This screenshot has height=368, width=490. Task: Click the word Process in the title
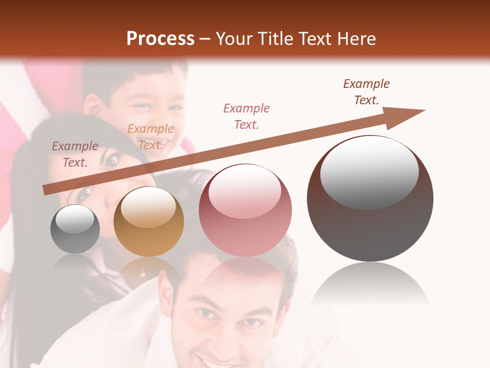coord(160,39)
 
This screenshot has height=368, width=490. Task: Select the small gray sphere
coord(75,229)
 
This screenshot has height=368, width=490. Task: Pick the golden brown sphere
coord(149,221)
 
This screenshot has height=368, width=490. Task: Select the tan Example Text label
coord(150,137)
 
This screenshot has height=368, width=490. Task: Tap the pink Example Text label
coord(247,116)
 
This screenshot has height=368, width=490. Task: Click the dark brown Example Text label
coord(366,92)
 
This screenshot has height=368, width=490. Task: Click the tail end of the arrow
coord(46,190)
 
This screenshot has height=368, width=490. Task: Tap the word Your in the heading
coord(233,39)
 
